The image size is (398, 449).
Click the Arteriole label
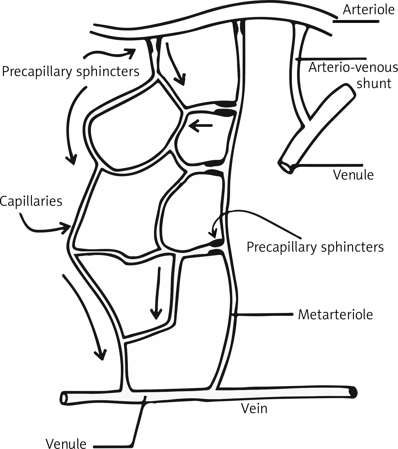[x=368, y=10]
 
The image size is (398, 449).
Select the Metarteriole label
[x=335, y=315]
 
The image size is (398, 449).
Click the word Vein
[x=254, y=408]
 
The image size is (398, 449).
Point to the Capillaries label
[x=31, y=201]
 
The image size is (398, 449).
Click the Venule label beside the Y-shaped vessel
[x=353, y=175]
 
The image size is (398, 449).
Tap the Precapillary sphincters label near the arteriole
[x=70, y=71]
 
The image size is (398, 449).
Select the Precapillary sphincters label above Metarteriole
[x=315, y=247]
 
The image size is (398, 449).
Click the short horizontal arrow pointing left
[x=200, y=126]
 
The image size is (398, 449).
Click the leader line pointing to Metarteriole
[x=265, y=314]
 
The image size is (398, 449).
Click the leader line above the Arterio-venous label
[x=333, y=58]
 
